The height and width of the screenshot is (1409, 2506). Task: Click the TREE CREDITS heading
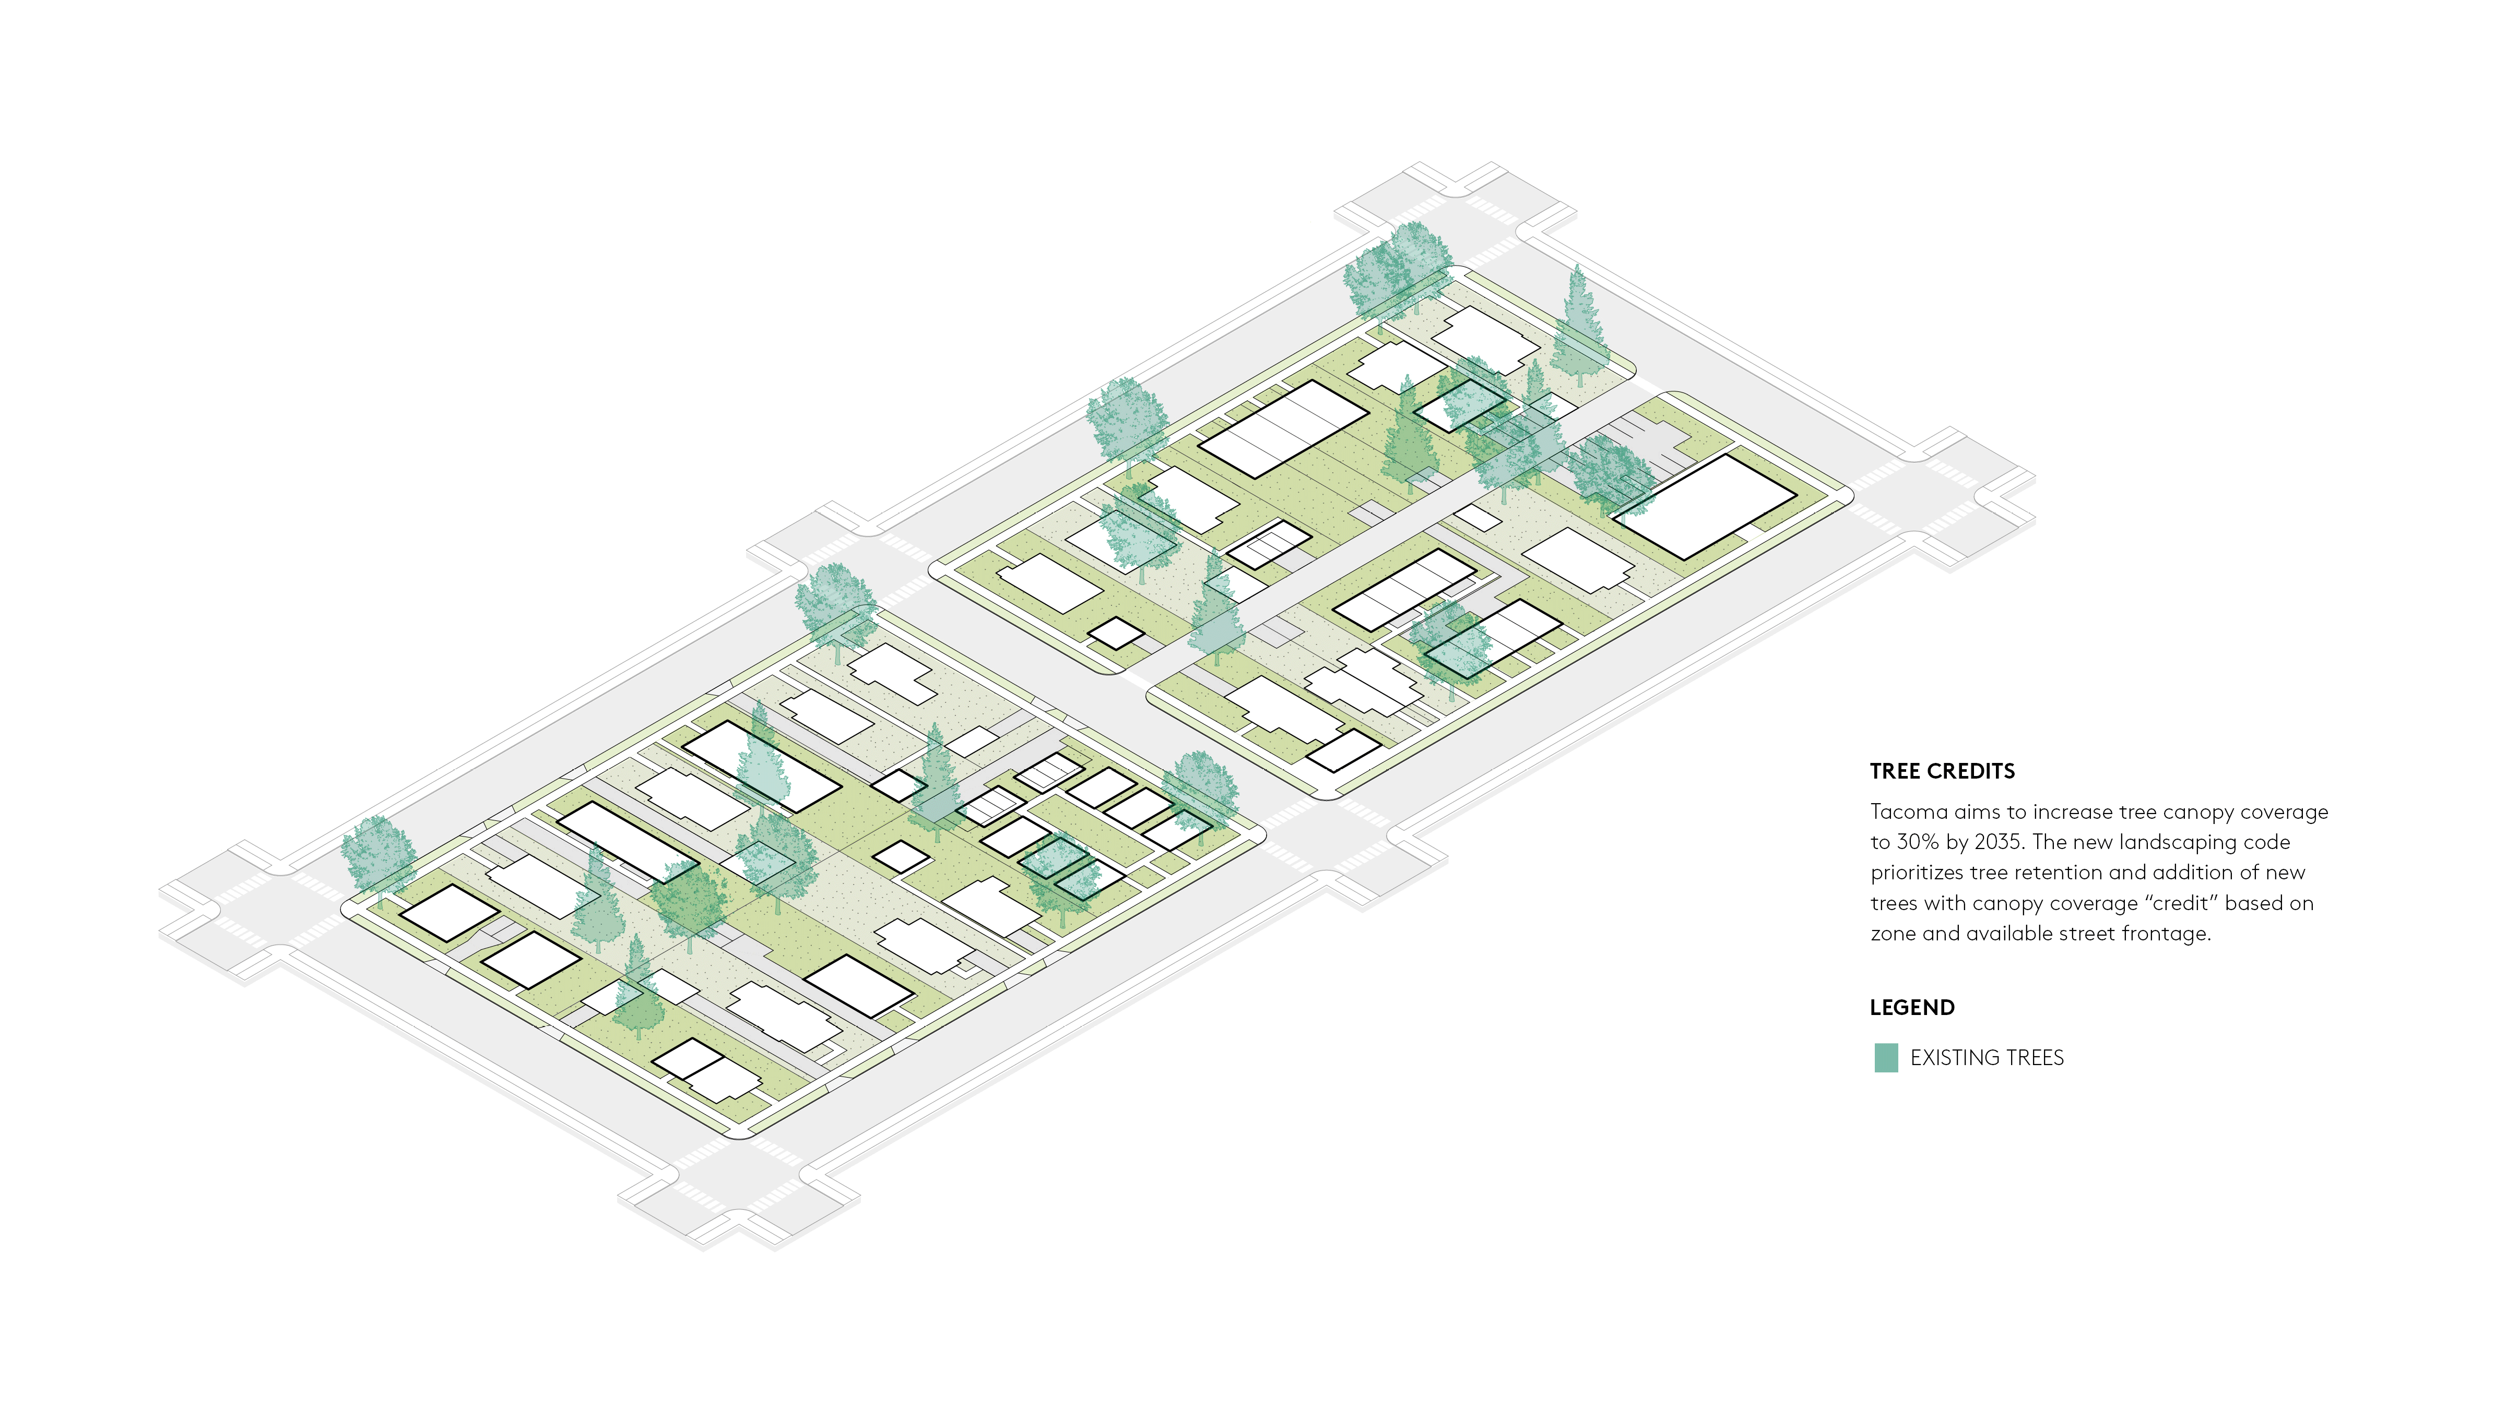point(1942,771)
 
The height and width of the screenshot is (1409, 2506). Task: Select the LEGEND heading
point(1911,1007)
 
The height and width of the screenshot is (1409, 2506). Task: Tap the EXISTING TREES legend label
point(1987,1058)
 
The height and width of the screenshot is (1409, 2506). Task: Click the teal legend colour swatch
point(1885,1058)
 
